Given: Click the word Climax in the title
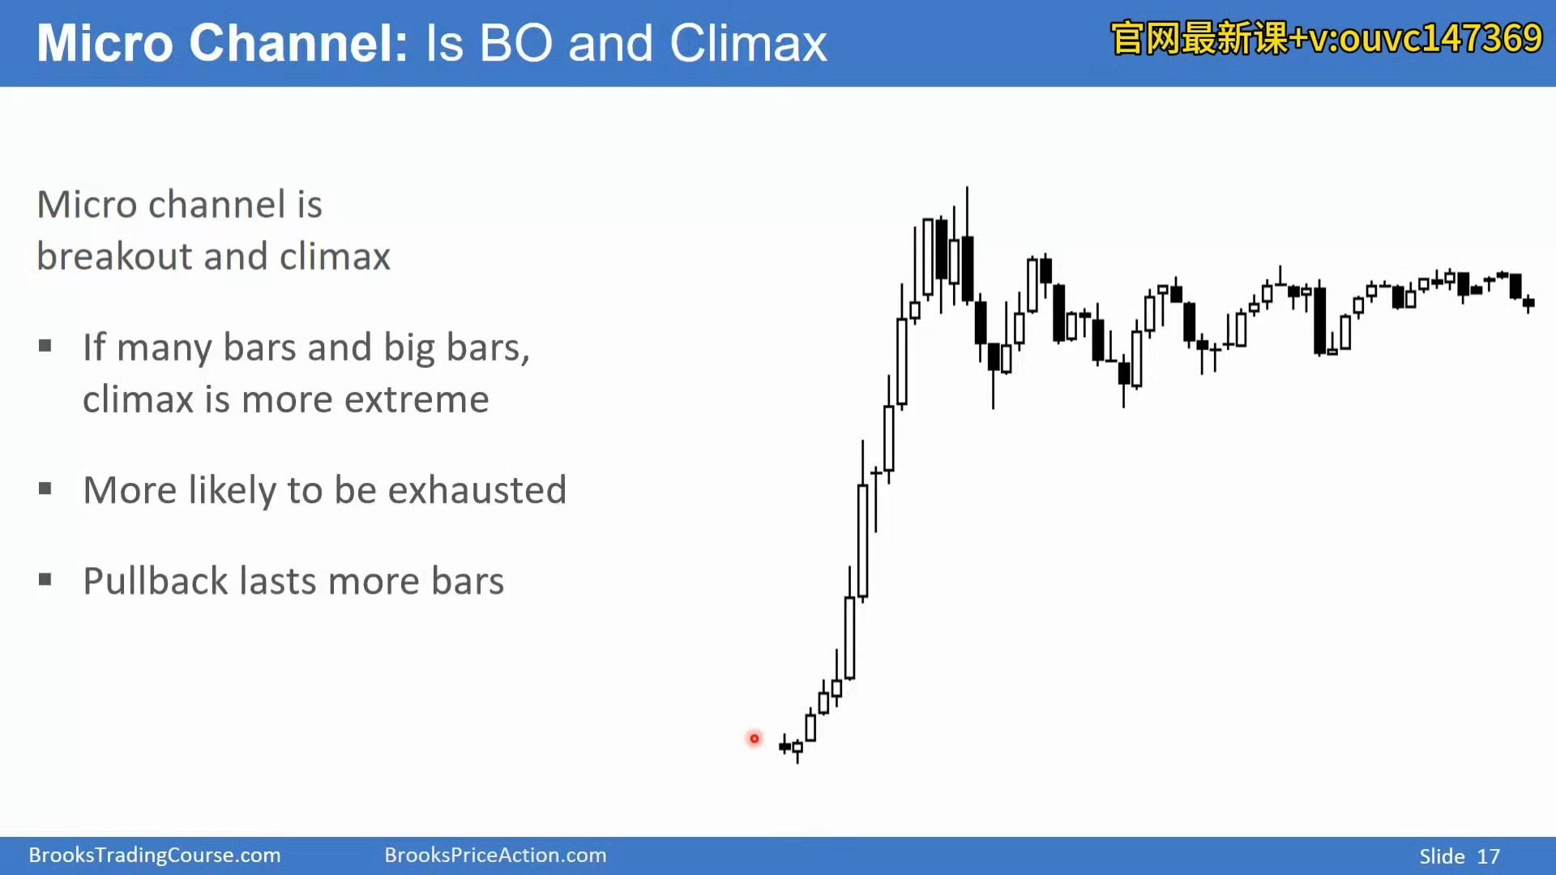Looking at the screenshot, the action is (x=748, y=44).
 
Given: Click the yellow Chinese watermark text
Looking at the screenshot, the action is (x=1326, y=38).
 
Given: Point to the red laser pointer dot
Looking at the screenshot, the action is (x=754, y=739).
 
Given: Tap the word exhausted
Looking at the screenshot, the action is (x=477, y=490).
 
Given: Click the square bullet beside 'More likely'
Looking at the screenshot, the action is (x=45, y=489).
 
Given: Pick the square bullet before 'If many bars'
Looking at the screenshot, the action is (x=45, y=346).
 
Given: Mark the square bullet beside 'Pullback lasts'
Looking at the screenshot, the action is (x=45, y=579).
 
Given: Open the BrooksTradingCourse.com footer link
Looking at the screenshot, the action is (x=155, y=856).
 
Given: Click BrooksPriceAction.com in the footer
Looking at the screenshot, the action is (x=495, y=856).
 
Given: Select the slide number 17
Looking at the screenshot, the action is (x=1489, y=856).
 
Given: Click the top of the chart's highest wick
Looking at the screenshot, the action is (x=967, y=187).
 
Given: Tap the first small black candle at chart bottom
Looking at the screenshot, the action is (x=784, y=745).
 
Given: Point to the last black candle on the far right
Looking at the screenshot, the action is (x=1528, y=303).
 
